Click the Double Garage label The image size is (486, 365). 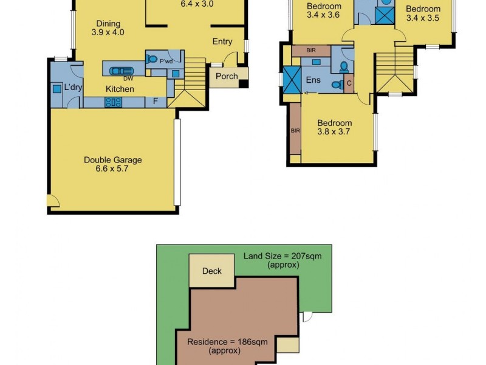coord(113,160)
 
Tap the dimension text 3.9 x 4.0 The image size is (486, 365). coord(108,32)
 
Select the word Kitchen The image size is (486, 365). coord(120,89)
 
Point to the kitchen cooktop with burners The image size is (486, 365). coord(114,102)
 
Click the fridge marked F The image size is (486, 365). coord(156,102)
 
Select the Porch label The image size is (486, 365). coord(227,77)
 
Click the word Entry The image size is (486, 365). coord(222,41)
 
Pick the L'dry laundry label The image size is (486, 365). coord(74,88)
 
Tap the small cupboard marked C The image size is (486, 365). coord(349,83)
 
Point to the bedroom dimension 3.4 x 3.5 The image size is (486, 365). coord(423,18)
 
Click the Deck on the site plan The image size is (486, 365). coord(212,271)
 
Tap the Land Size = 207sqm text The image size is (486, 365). coord(282,260)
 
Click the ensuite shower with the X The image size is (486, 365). coord(293,80)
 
